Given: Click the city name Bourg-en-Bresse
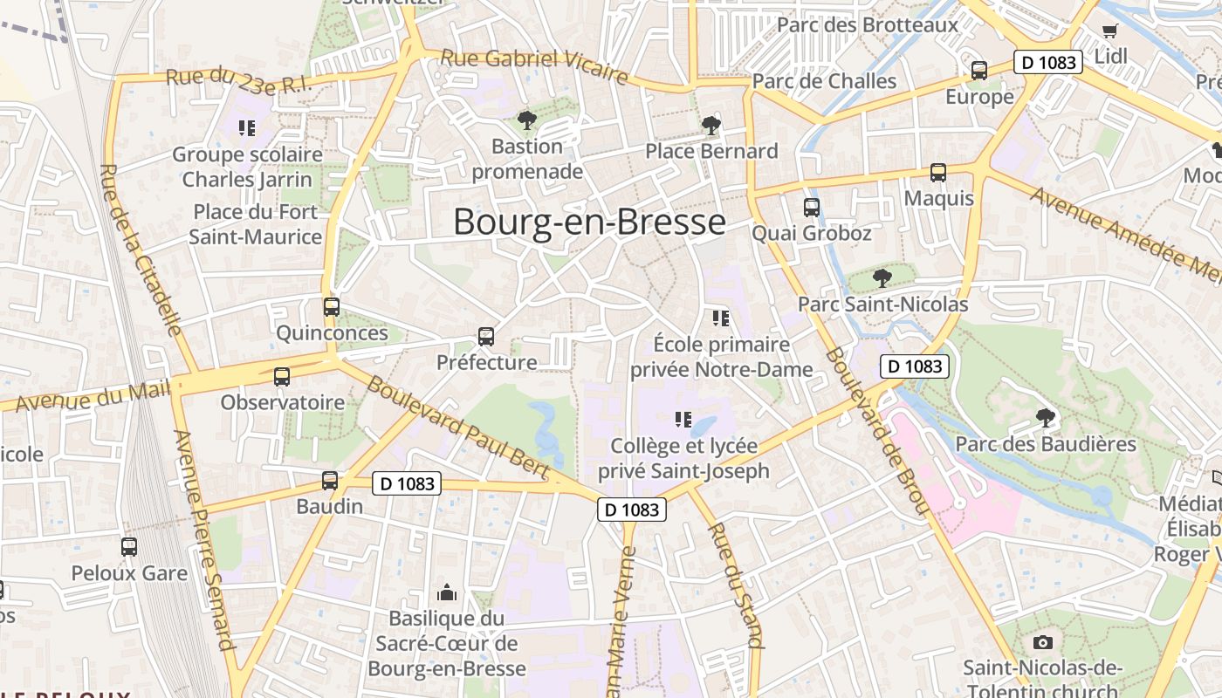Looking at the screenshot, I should point(589,222).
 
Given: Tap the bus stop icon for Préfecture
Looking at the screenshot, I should point(486,336).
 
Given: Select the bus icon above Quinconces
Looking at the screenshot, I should point(332,307).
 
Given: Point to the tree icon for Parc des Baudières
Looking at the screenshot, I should point(1045,418).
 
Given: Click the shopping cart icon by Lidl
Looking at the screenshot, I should point(1109,31).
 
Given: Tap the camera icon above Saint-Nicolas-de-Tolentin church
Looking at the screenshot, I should point(1042,643).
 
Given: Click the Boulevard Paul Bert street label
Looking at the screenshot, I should point(457,427).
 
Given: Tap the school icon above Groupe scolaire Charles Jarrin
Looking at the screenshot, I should point(247,128).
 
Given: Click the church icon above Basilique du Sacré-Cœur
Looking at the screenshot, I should point(447,593).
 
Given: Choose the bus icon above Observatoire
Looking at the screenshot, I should point(282,377).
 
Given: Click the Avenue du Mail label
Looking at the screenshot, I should point(93,395).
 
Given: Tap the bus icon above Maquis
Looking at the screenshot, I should point(938,173).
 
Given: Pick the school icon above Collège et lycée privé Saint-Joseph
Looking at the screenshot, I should point(683,420).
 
